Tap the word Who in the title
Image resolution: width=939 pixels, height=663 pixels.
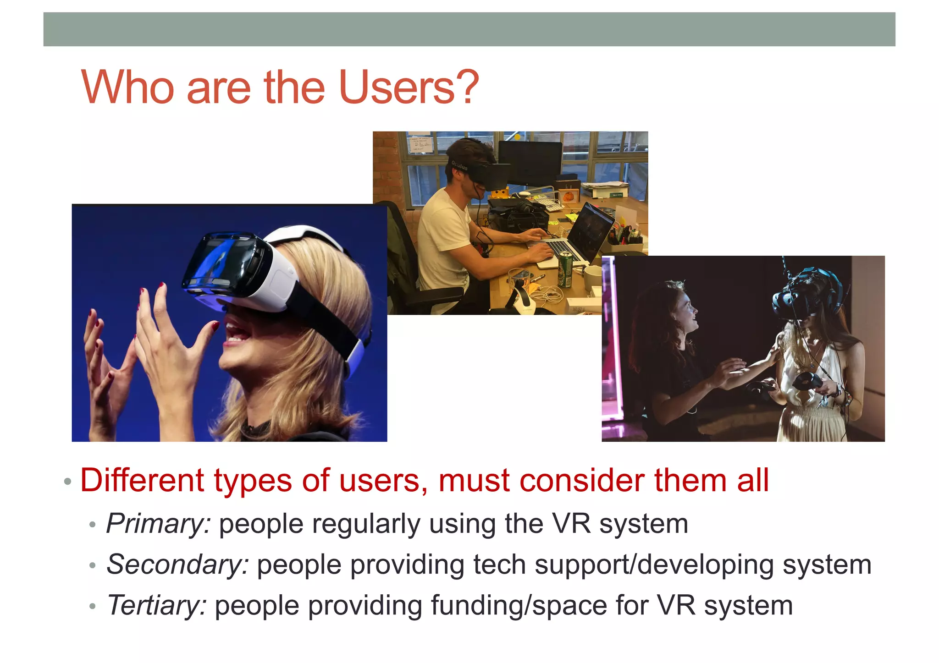(x=127, y=88)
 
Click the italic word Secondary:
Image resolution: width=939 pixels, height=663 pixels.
(x=177, y=564)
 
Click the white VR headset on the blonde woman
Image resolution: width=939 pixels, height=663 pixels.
(x=243, y=270)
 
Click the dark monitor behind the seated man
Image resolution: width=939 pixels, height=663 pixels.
(x=530, y=163)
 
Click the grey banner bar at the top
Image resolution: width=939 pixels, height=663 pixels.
(x=469, y=29)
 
